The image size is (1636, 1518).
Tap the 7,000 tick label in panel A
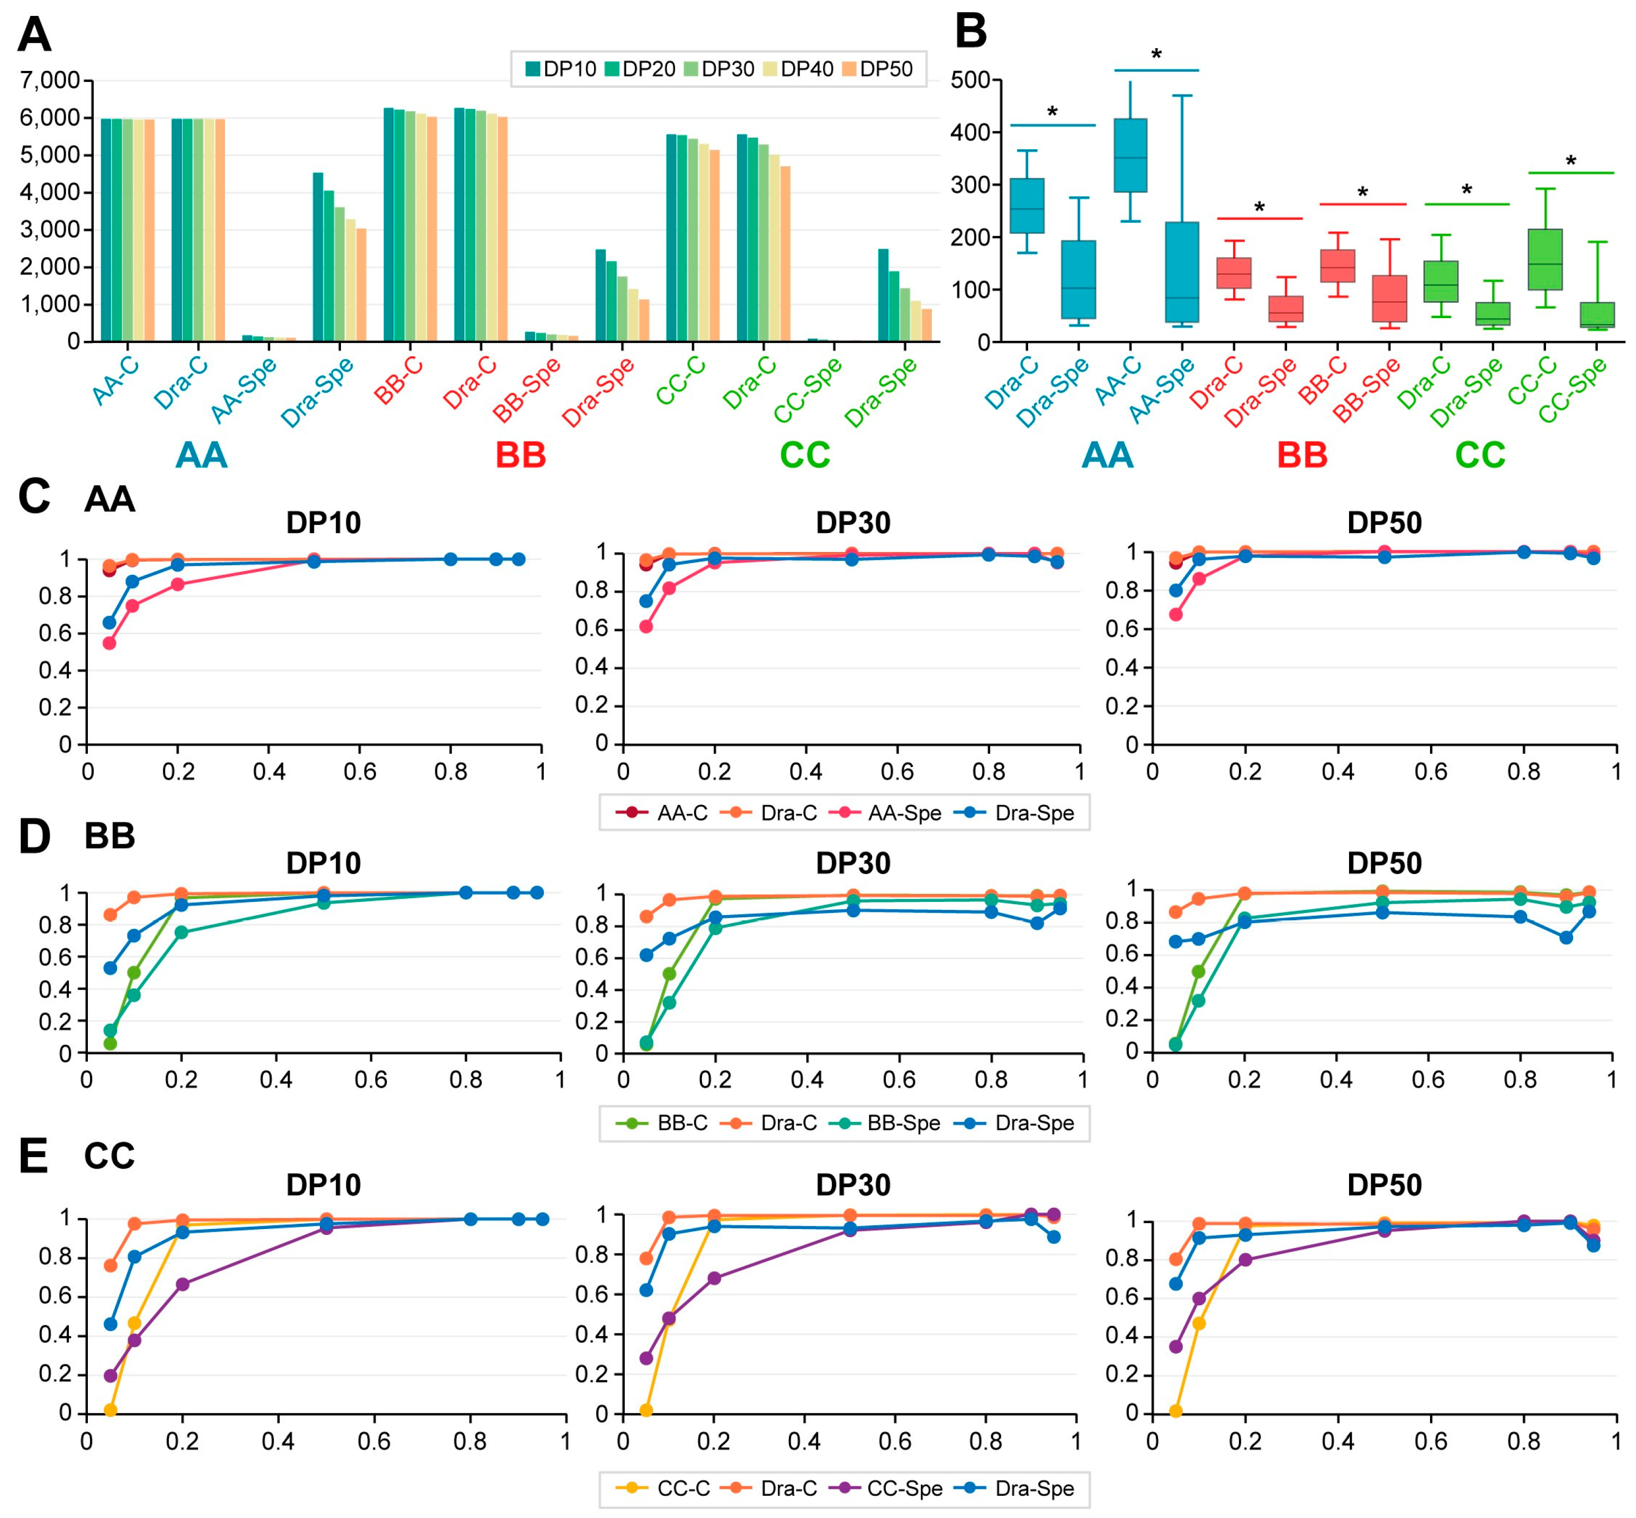coord(49,80)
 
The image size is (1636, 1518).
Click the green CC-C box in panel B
coord(1545,259)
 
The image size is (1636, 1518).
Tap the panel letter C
coord(34,497)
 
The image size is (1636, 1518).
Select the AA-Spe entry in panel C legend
coord(887,813)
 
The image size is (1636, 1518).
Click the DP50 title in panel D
coord(1384,863)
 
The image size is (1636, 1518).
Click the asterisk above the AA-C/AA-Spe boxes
coord(1156,55)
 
